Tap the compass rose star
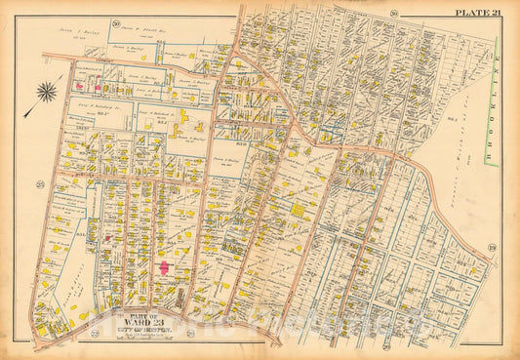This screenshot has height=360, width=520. tap(47, 94)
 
